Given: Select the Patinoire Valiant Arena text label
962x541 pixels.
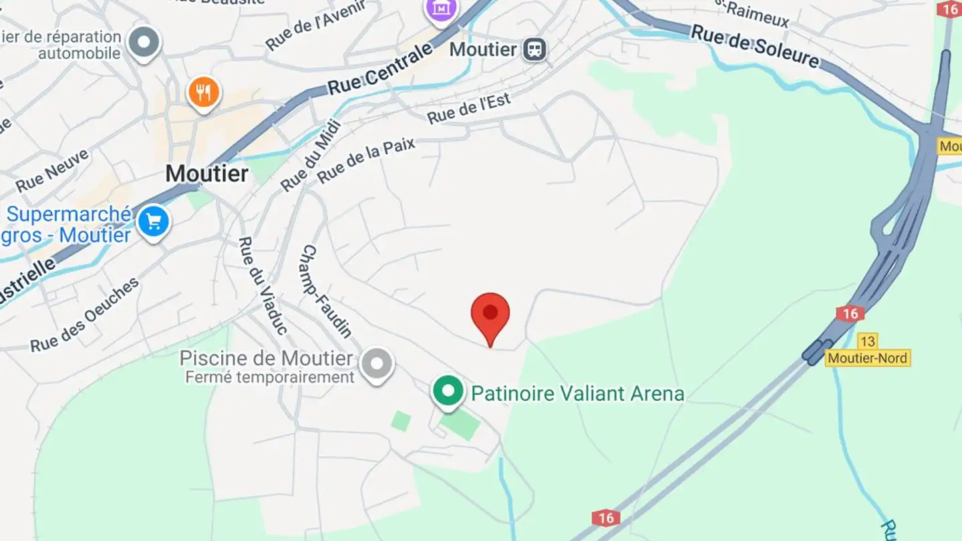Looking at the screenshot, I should (578, 393).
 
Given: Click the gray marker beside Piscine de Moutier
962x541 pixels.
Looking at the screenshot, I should (377, 364).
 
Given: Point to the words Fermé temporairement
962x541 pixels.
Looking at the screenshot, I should (270, 377).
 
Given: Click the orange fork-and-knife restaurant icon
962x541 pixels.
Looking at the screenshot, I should (204, 93).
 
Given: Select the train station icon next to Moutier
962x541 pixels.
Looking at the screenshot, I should (534, 49).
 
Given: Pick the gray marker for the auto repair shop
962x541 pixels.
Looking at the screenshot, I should (144, 42).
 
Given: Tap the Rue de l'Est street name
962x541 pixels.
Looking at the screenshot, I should (469, 108).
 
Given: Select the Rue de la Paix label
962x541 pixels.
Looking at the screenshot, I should (366, 160).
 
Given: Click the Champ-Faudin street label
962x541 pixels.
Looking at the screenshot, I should (327, 291).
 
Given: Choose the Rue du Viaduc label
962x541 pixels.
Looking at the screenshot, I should (263, 285).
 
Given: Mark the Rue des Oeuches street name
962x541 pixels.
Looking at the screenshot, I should (85, 315).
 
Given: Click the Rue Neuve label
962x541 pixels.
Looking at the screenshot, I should (52, 171).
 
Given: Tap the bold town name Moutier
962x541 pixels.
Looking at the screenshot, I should (207, 174).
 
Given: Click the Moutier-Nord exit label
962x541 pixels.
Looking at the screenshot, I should (868, 358).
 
